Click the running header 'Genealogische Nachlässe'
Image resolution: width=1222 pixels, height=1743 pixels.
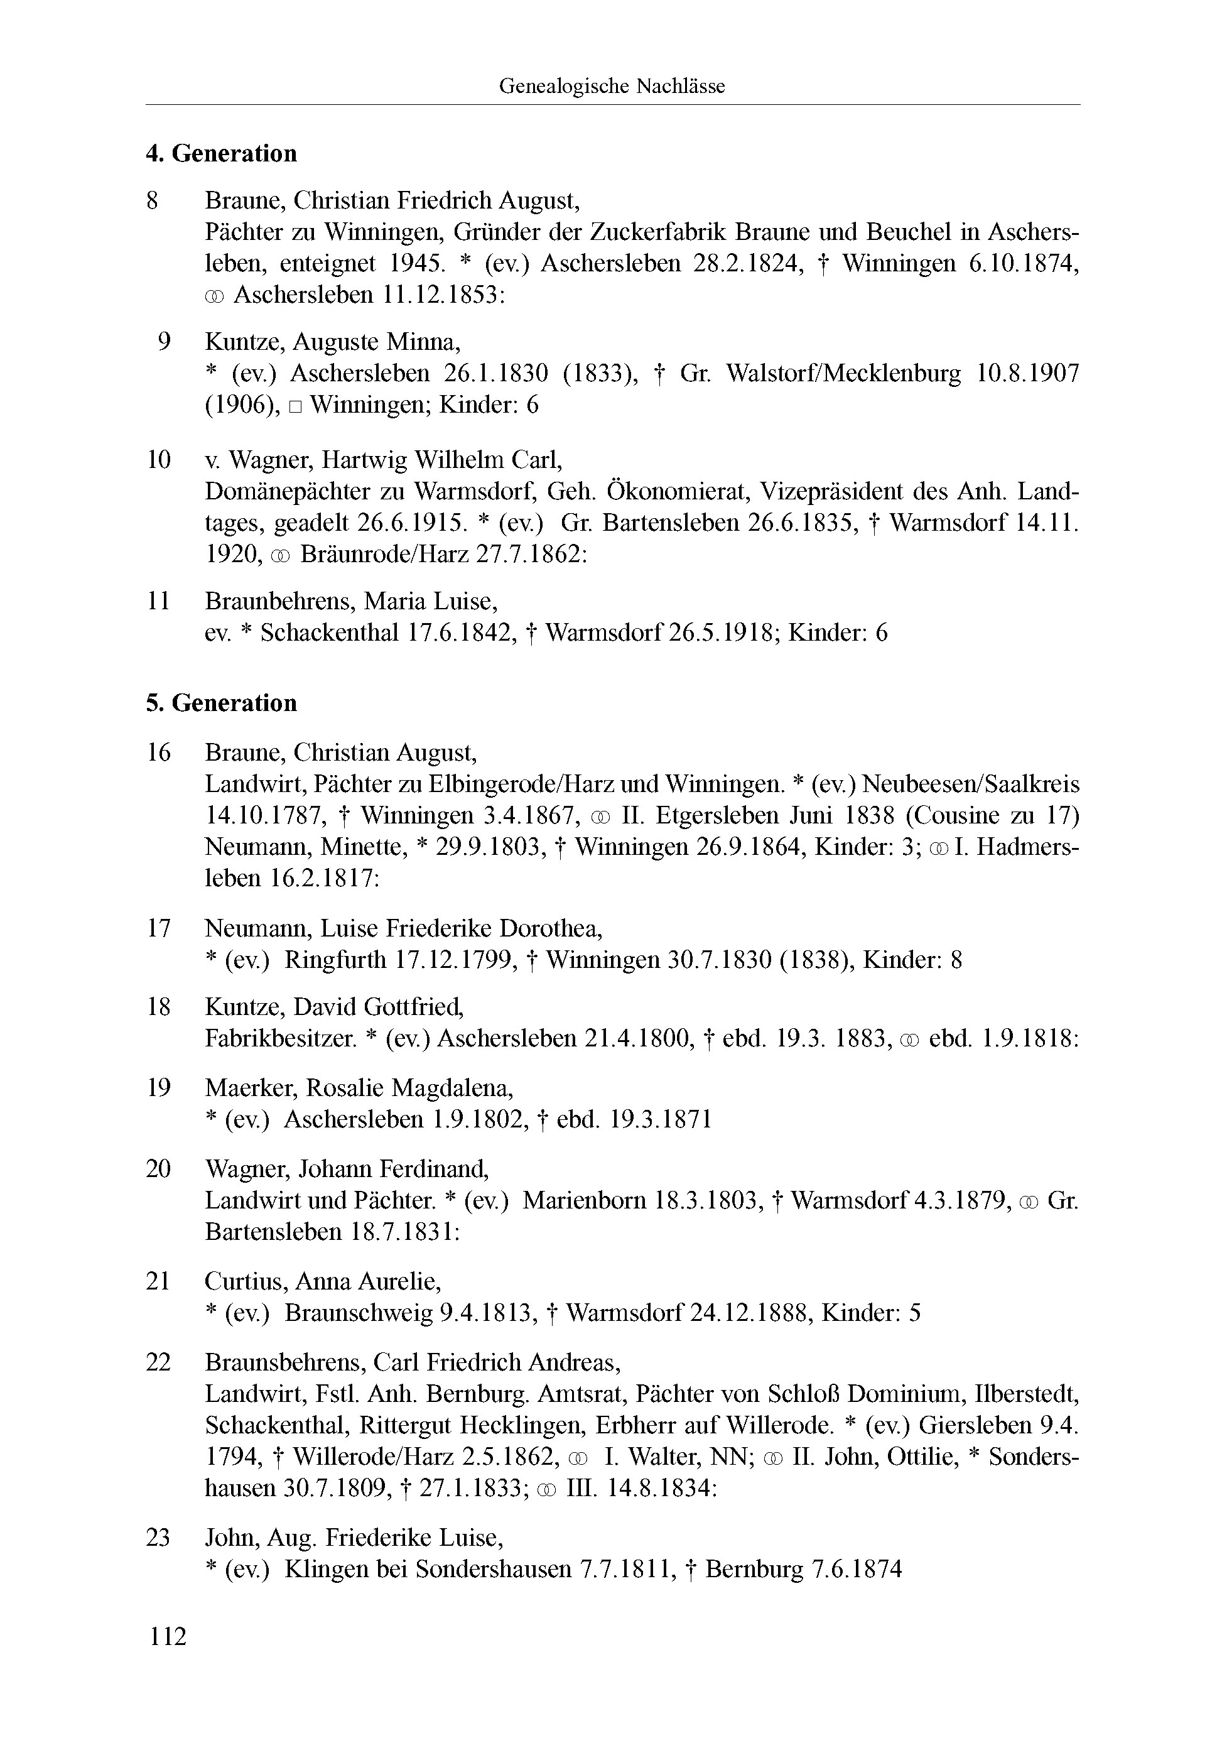point(611,87)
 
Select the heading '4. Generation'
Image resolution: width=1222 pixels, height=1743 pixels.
point(221,153)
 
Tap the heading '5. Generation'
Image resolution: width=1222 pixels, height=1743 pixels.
point(221,703)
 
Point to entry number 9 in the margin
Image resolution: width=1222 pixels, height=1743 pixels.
point(164,342)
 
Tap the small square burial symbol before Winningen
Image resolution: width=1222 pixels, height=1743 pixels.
point(295,407)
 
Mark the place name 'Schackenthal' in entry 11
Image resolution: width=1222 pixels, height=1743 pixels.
point(330,633)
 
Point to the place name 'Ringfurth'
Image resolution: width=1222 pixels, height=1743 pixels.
point(335,960)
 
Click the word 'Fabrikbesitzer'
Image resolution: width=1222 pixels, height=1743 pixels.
point(280,1038)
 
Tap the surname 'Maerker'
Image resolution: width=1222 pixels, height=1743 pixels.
point(249,1088)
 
